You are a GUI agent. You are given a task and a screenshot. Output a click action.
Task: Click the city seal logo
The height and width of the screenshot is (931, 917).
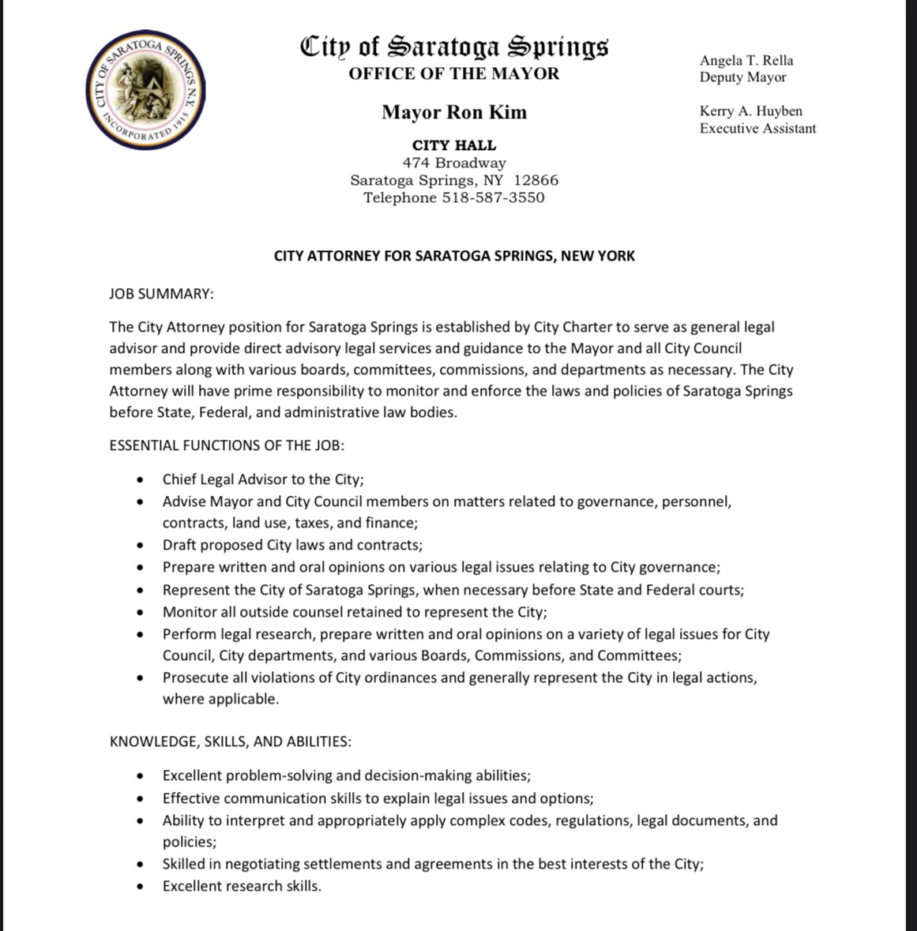[x=147, y=88]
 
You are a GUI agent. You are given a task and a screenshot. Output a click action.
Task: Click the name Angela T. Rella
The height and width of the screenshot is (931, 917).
[x=746, y=60]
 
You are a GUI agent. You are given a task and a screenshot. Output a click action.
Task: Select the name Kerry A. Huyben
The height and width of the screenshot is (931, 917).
[x=750, y=111]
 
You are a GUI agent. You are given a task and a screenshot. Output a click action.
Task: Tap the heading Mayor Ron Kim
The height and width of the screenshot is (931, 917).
[x=454, y=112]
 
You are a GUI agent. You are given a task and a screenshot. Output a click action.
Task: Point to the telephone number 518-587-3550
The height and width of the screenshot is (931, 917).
[x=493, y=197]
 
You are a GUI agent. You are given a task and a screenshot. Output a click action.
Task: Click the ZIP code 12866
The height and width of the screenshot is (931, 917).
[x=536, y=180]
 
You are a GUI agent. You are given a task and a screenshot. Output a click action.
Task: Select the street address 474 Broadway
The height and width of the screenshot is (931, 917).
[x=454, y=163]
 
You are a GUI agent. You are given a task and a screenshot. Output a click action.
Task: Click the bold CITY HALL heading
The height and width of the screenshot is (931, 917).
[x=454, y=145]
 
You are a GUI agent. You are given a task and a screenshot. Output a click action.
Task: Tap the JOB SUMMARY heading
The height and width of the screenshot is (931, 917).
[x=161, y=294]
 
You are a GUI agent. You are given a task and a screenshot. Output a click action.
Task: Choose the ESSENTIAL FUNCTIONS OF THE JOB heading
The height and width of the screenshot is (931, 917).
[x=227, y=445]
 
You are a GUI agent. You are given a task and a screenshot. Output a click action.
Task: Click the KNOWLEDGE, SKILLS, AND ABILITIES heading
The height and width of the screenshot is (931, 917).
[x=231, y=741]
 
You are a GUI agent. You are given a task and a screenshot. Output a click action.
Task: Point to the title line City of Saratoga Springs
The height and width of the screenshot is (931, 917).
[x=454, y=47]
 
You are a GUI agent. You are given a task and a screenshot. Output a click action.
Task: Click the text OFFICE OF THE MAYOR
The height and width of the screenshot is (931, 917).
[x=454, y=73]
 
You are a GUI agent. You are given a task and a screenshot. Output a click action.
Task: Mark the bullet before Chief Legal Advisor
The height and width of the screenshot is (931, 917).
[x=141, y=479]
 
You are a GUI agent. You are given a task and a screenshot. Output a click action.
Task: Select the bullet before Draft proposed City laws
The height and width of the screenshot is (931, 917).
[x=141, y=545]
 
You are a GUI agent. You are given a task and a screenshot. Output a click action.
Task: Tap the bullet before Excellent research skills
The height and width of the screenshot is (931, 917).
[x=141, y=886]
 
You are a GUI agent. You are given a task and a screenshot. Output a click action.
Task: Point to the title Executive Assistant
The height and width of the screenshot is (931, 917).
[x=757, y=128]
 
